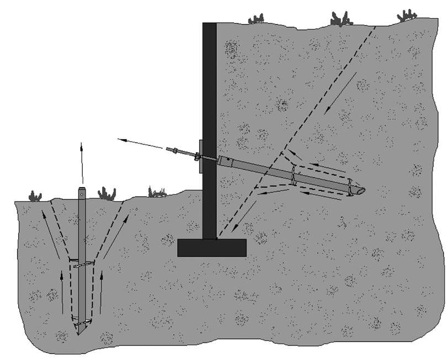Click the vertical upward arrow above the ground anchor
tap(82, 163)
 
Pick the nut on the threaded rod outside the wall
tap(175, 150)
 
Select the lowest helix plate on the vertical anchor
tap(82, 323)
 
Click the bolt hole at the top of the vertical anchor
tap(82, 193)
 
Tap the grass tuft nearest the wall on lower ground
tap(157, 192)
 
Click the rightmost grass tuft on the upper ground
tap(407, 15)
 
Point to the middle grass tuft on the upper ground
tap(341, 19)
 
